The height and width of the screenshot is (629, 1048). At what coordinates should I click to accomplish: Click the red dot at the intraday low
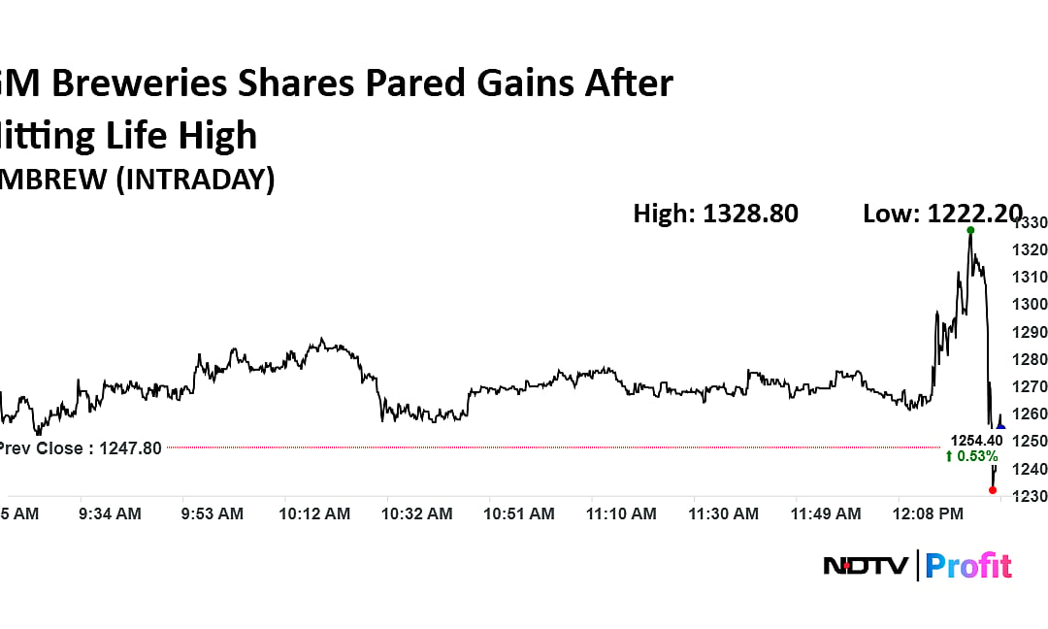(992, 490)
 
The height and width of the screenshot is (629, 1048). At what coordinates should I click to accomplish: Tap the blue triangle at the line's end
(1000, 427)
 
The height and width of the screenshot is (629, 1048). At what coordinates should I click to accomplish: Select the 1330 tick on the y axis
(1030, 222)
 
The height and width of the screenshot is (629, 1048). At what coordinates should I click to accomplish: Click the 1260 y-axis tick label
(1030, 414)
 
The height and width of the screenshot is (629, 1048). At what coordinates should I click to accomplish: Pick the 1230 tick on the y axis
(1030, 496)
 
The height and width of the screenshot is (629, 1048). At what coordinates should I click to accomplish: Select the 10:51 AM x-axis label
(520, 513)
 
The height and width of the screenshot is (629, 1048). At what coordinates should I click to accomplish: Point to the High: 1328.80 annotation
(715, 214)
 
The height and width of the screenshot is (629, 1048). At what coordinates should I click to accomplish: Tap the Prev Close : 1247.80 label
(80, 448)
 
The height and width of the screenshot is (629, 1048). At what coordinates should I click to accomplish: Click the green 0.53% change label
(970, 456)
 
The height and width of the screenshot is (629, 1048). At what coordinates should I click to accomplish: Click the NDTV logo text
(866, 565)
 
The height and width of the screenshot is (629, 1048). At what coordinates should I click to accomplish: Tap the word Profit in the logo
(967, 565)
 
